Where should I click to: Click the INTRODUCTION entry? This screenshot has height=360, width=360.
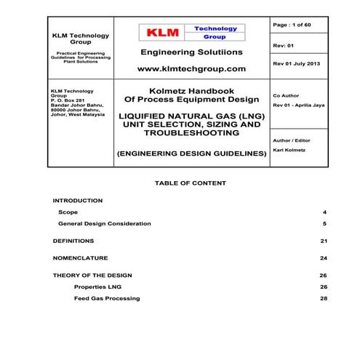tap(78, 200)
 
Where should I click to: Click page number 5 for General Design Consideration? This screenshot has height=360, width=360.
tap(324, 224)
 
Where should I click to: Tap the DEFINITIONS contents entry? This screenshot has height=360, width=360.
tap(73, 240)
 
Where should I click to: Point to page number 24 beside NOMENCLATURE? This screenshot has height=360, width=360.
tap(323, 258)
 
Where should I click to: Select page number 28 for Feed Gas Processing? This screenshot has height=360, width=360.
tap(323, 299)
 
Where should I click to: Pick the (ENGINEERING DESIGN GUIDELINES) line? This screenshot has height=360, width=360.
tap(191, 154)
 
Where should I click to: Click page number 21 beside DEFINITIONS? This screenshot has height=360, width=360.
tap(323, 240)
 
